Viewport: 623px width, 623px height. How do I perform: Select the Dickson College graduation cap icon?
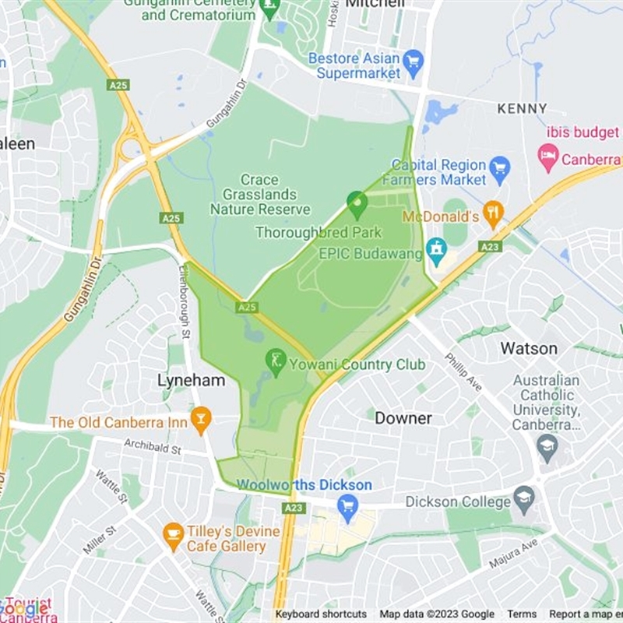[525, 499]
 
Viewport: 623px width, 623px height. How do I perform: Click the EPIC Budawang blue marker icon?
[437, 251]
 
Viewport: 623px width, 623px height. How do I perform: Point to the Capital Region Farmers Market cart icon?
[499, 167]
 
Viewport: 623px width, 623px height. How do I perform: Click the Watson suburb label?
[530, 347]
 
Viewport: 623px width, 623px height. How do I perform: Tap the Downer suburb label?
[403, 418]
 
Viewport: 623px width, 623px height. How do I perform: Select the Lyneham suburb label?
[191, 381]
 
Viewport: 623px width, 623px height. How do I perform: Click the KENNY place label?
[522, 108]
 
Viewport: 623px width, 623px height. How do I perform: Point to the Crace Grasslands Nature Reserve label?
[259, 194]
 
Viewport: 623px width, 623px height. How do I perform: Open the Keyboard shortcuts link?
[321, 614]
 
